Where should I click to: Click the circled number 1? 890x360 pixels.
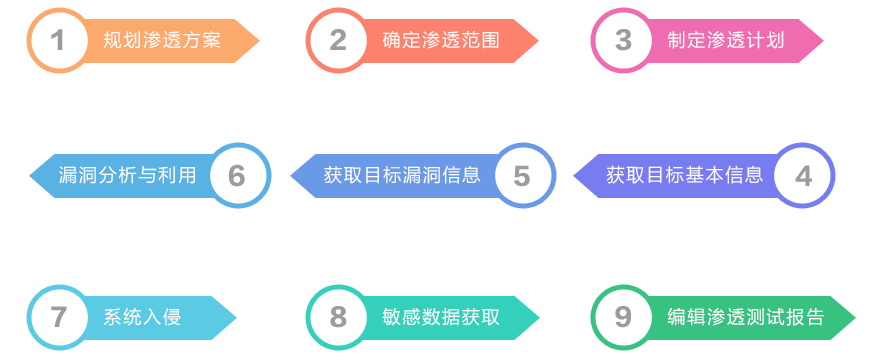pos(58,41)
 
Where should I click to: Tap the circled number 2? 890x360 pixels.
pos(338,41)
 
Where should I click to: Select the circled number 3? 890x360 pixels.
pos(624,41)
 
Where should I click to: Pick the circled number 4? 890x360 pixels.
pos(803,176)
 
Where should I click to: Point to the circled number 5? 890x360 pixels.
pos(522,176)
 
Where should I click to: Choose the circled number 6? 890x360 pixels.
pos(236,176)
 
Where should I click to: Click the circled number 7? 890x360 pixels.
pos(58,318)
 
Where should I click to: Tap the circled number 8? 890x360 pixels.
pos(338,318)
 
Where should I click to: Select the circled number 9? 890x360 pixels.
pos(624,318)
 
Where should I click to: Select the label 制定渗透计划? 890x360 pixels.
pos(726,41)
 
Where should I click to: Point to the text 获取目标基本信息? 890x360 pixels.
pos(684,175)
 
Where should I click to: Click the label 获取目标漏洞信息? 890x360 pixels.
pos(402,175)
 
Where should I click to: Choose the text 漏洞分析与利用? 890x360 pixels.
pos(127,175)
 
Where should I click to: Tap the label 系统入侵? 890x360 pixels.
pos(142,318)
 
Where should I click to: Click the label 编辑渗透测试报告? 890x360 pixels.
pos(746,318)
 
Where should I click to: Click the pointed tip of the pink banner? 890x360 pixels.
pos(822,41)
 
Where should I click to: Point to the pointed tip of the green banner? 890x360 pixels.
pos(855,318)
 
